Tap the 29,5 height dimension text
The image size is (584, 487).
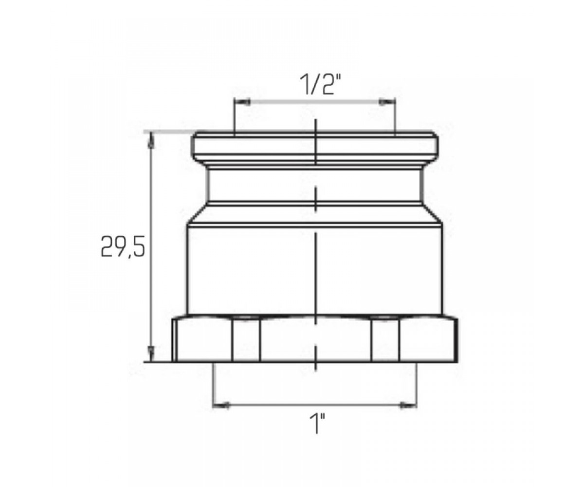(123, 247)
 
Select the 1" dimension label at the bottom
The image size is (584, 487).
(317, 424)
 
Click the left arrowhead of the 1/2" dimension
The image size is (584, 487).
(242, 102)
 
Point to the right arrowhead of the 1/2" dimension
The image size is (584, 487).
(388, 102)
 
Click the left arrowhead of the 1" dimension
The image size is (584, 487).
(221, 405)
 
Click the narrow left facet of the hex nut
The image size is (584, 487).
(246, 340)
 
